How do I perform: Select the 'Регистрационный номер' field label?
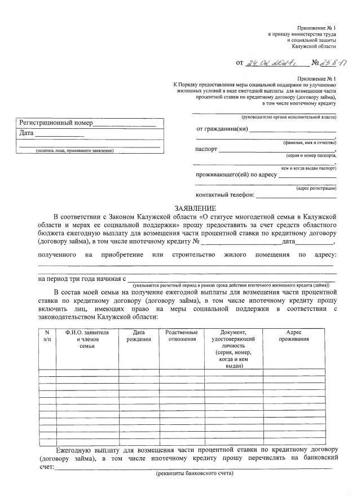tap(56, 123)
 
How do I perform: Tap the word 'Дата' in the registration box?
tap(27, 133)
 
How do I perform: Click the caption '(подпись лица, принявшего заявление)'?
tap(74, 151)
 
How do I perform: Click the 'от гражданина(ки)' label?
tap(222, 129)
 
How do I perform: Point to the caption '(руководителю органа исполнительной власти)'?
tap(288, 117)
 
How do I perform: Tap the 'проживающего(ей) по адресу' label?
tap(236, 174)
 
